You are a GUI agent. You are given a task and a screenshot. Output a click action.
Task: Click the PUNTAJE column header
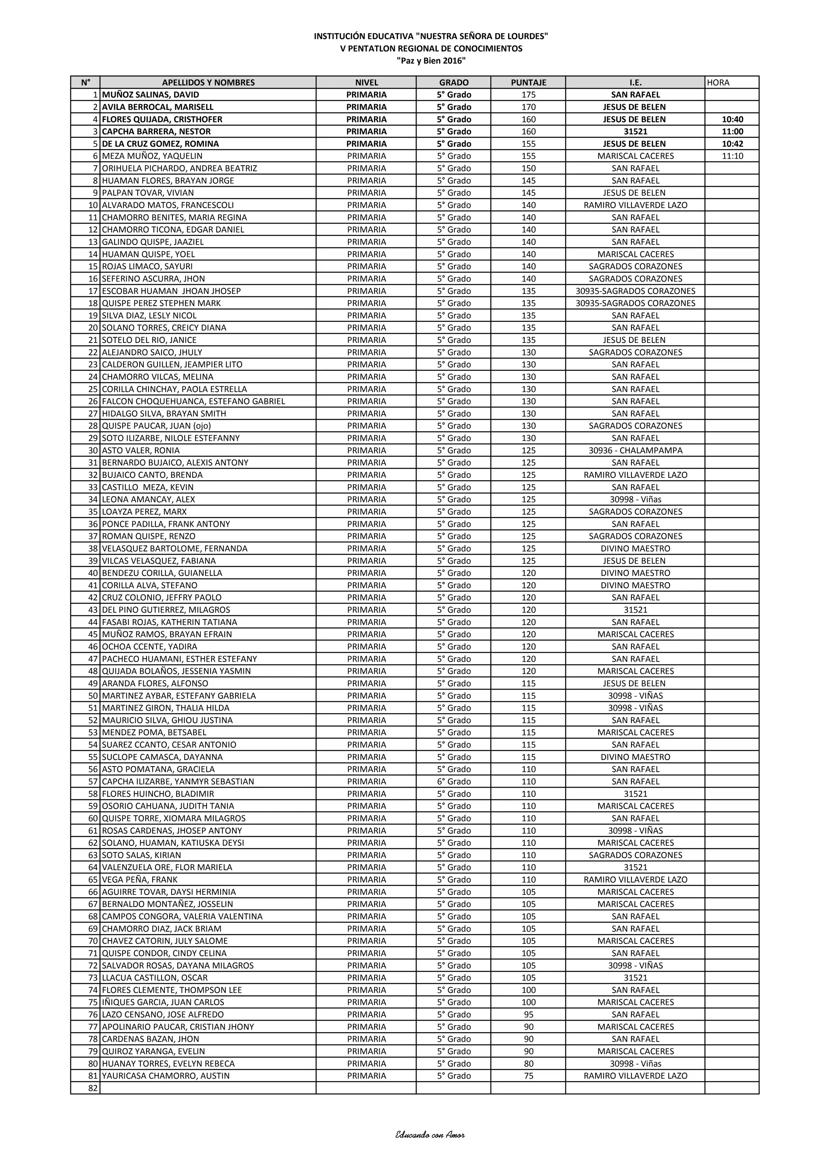pos(528,82)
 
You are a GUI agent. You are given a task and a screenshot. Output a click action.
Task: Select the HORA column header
pos(718,82)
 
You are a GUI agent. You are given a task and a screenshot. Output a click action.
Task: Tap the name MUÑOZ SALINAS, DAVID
pos(151,94)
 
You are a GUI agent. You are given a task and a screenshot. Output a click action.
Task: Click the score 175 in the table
pos(528,94)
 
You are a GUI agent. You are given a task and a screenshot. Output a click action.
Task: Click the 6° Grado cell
pos(454,781)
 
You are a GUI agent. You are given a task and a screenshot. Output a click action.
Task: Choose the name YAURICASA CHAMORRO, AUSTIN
pos(166,1075)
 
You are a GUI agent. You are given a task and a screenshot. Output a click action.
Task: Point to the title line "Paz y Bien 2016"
pos(431,61)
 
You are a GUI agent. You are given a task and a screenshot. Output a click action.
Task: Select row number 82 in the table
pos(92,1088)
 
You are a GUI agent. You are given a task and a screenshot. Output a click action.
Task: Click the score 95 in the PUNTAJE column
pos(528,1014)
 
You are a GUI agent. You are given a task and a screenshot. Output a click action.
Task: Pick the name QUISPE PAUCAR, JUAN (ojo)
pos(156,426)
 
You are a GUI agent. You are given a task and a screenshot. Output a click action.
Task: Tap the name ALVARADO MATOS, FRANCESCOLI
pos(168,205)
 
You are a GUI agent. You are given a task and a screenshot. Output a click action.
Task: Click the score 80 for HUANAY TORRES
pos(528,1063)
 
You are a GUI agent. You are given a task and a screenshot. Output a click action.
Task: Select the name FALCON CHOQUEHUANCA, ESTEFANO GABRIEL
pos(193,401)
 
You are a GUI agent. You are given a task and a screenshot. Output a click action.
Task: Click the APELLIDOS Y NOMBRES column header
pos(208,82)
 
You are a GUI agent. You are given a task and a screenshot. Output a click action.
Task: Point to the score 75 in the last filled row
pos(528,1075)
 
